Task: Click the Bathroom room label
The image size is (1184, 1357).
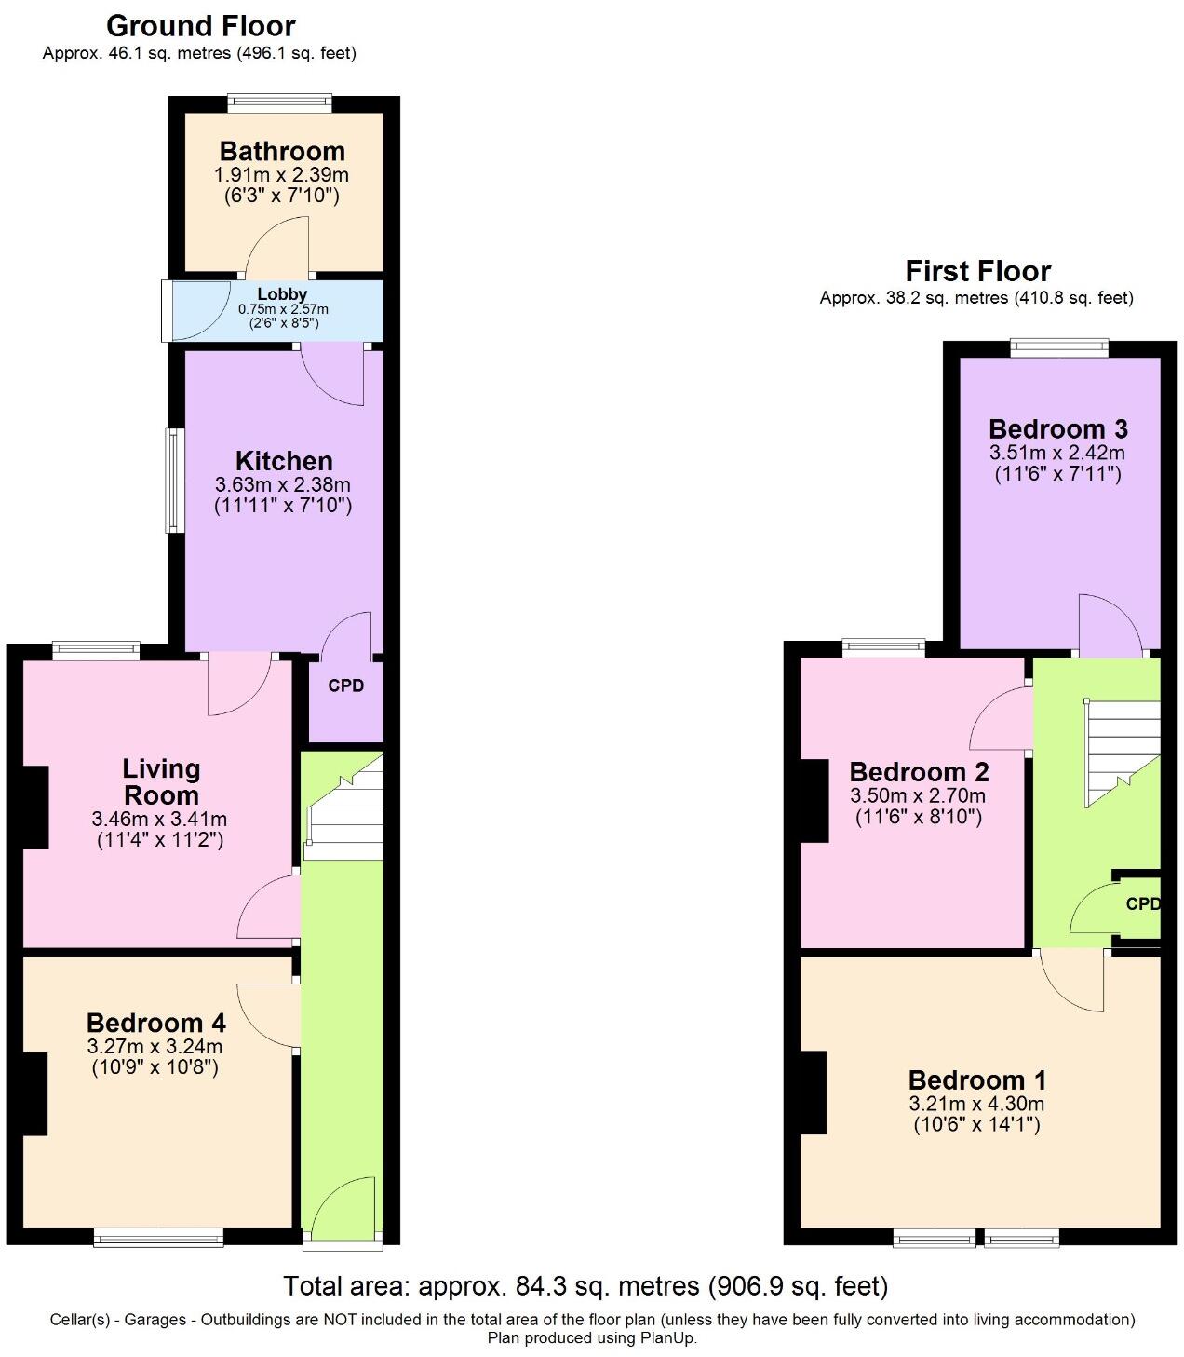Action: pos(282,152)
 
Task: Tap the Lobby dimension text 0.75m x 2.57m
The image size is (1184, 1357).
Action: pos(283,309)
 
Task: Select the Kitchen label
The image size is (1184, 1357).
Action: pos(284,461)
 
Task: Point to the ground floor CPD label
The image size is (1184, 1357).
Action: pos(346,685)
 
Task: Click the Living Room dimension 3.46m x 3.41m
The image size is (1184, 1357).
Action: pos(159,819)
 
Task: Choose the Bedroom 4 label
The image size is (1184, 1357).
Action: pos(155,1023)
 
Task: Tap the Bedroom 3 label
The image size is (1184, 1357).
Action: pos(1058,429)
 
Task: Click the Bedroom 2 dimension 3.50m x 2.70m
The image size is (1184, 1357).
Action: pos(918,795)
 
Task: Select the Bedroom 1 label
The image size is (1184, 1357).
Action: pos(977,1080)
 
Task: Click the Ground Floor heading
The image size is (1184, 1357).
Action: pos(200,26)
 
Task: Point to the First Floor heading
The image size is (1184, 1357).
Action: pos(978,272)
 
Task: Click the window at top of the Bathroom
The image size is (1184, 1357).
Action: pos(279,102)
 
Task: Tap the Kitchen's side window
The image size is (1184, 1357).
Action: pos(174,481)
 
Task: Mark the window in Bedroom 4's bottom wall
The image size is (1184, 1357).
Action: pos(158,1238)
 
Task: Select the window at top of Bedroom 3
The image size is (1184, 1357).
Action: pos(1058,347)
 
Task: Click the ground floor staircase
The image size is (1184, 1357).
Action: pos(343,807)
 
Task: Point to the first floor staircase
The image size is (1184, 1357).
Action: pos(1122,753)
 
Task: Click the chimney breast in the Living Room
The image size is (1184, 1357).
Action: pos(35,807)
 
